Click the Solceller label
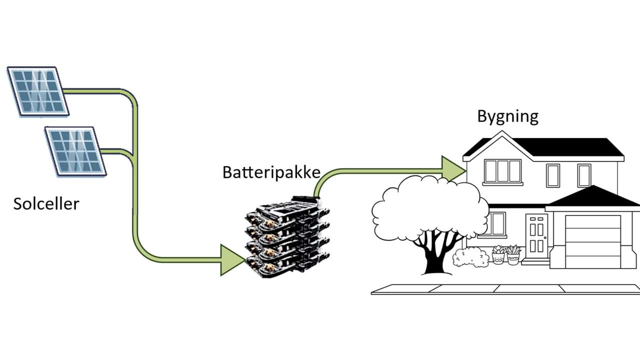click(x=46, y=203)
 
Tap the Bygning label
click(x=507, y=116)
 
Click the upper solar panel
click(x=38, y=91)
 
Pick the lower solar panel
click(x=75, y=150)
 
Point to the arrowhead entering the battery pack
click(x=232, y=259)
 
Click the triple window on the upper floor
click(x=502, y=171)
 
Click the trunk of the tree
click(x=432, y=255)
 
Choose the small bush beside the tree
click(x=470, y=257)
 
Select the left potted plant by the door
click(x=498, y=254)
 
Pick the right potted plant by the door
click(x=513, y=254)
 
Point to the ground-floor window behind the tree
click(x=496, y=223)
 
